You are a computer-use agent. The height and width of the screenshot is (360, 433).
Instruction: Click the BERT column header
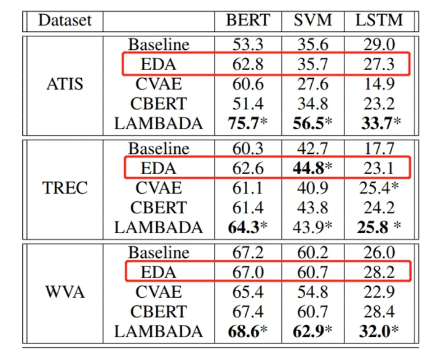click(x=248, y=20)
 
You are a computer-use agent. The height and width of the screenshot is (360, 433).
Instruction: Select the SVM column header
click(x=312, y=20)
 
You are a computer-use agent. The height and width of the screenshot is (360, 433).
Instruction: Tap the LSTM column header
click(x=379, y=20)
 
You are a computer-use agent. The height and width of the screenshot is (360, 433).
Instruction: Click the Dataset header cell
click(x=65, y=20)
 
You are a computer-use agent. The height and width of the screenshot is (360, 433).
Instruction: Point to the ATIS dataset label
click(x=65, y=84)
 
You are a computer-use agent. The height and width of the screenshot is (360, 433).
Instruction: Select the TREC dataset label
click(x=65, y=188)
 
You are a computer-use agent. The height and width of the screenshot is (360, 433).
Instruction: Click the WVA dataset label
click(x=65, y=292)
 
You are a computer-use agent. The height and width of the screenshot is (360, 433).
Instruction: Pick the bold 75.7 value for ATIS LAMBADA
click(x=244, y=123)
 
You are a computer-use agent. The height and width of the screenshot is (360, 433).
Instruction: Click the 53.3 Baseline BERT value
click(x=248, y=45)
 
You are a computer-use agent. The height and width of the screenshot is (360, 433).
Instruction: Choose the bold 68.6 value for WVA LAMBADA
click(x=244, y=332)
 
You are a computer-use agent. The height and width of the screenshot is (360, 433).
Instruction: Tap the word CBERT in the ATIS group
click(x=158, y=103)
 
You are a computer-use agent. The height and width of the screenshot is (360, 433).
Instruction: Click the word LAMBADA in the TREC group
click(x=158, y=227)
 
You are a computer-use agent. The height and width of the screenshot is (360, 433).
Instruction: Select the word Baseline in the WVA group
click(x=158, y=252)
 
